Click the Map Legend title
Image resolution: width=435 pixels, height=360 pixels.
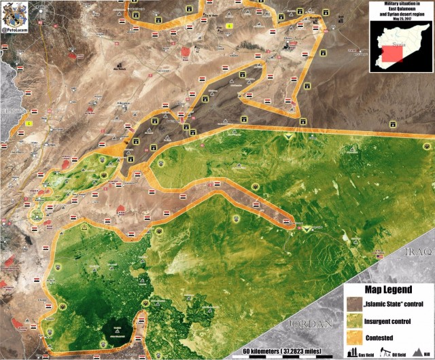387,289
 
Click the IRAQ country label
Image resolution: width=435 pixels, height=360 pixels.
417,252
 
